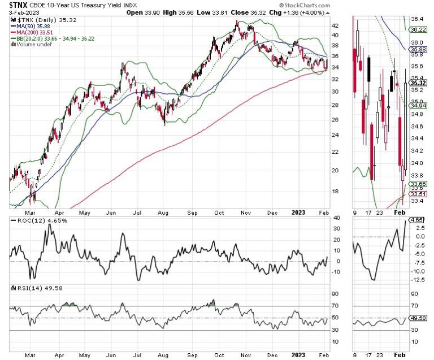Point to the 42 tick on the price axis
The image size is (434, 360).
click(x=336, y=25)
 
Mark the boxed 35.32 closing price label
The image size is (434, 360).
click(x=418, y=82)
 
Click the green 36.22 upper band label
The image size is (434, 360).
click(x=418, y=29)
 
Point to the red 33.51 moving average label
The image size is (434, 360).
click(x=418, y=193)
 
